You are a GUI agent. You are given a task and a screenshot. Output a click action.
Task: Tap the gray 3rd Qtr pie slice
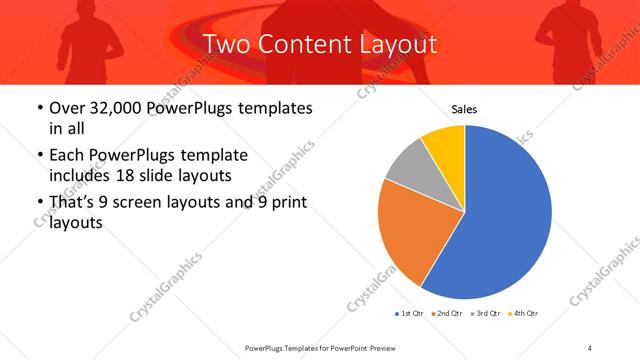(x=407, y=167)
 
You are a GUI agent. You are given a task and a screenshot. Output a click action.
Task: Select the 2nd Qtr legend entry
(x=448, y=315)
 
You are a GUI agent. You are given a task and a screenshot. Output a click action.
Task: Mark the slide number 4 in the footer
(x=591, y=348)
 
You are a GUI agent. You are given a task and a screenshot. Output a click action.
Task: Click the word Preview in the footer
(x=378, y=348)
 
